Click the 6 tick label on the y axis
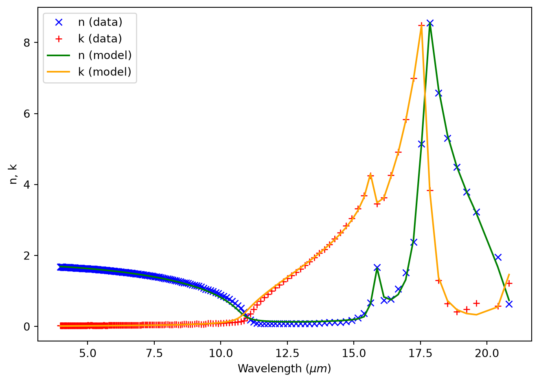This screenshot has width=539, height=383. point(27,114)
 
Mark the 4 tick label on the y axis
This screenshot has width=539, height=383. point(27,185)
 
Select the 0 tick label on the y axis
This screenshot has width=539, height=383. point(27,327)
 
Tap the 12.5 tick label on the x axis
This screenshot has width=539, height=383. point(287,353)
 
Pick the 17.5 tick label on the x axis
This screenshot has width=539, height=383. point(421,353)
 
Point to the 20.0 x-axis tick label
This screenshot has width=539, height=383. point(487,353)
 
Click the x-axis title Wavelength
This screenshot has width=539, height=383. point(270,369)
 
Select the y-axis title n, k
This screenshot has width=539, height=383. point(13,174)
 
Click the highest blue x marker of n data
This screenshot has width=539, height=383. point(430,23)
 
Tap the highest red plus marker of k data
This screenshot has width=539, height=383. point(421,25)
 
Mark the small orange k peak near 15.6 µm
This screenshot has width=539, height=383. point(370,174)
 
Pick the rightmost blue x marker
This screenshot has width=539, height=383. point(509,304)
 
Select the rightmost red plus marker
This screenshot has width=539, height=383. point(509,284)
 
